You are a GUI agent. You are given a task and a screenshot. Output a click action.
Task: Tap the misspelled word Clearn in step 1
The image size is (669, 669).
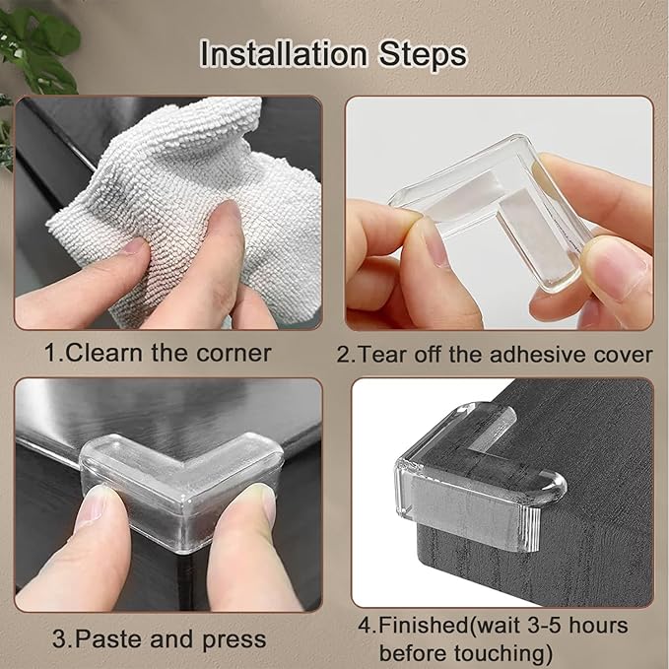[x=108, y=353]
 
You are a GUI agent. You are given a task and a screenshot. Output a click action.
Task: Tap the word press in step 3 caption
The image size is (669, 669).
[x=234, y=638]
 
